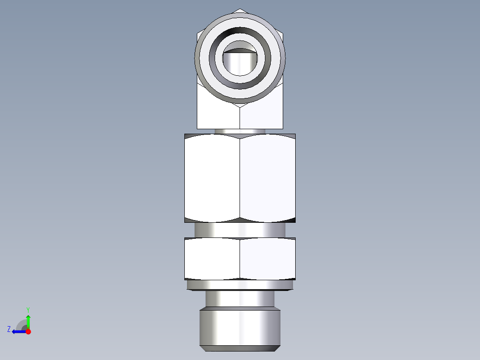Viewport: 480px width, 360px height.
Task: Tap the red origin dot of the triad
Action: (28, 331)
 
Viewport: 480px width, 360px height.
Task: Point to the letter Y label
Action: (28, 309)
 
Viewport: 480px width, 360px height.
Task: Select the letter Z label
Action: (9, 329)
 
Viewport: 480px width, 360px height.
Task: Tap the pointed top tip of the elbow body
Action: (240, 10)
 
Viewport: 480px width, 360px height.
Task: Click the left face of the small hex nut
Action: (212, 259)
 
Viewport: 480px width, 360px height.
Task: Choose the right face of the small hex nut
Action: (267, 259)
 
